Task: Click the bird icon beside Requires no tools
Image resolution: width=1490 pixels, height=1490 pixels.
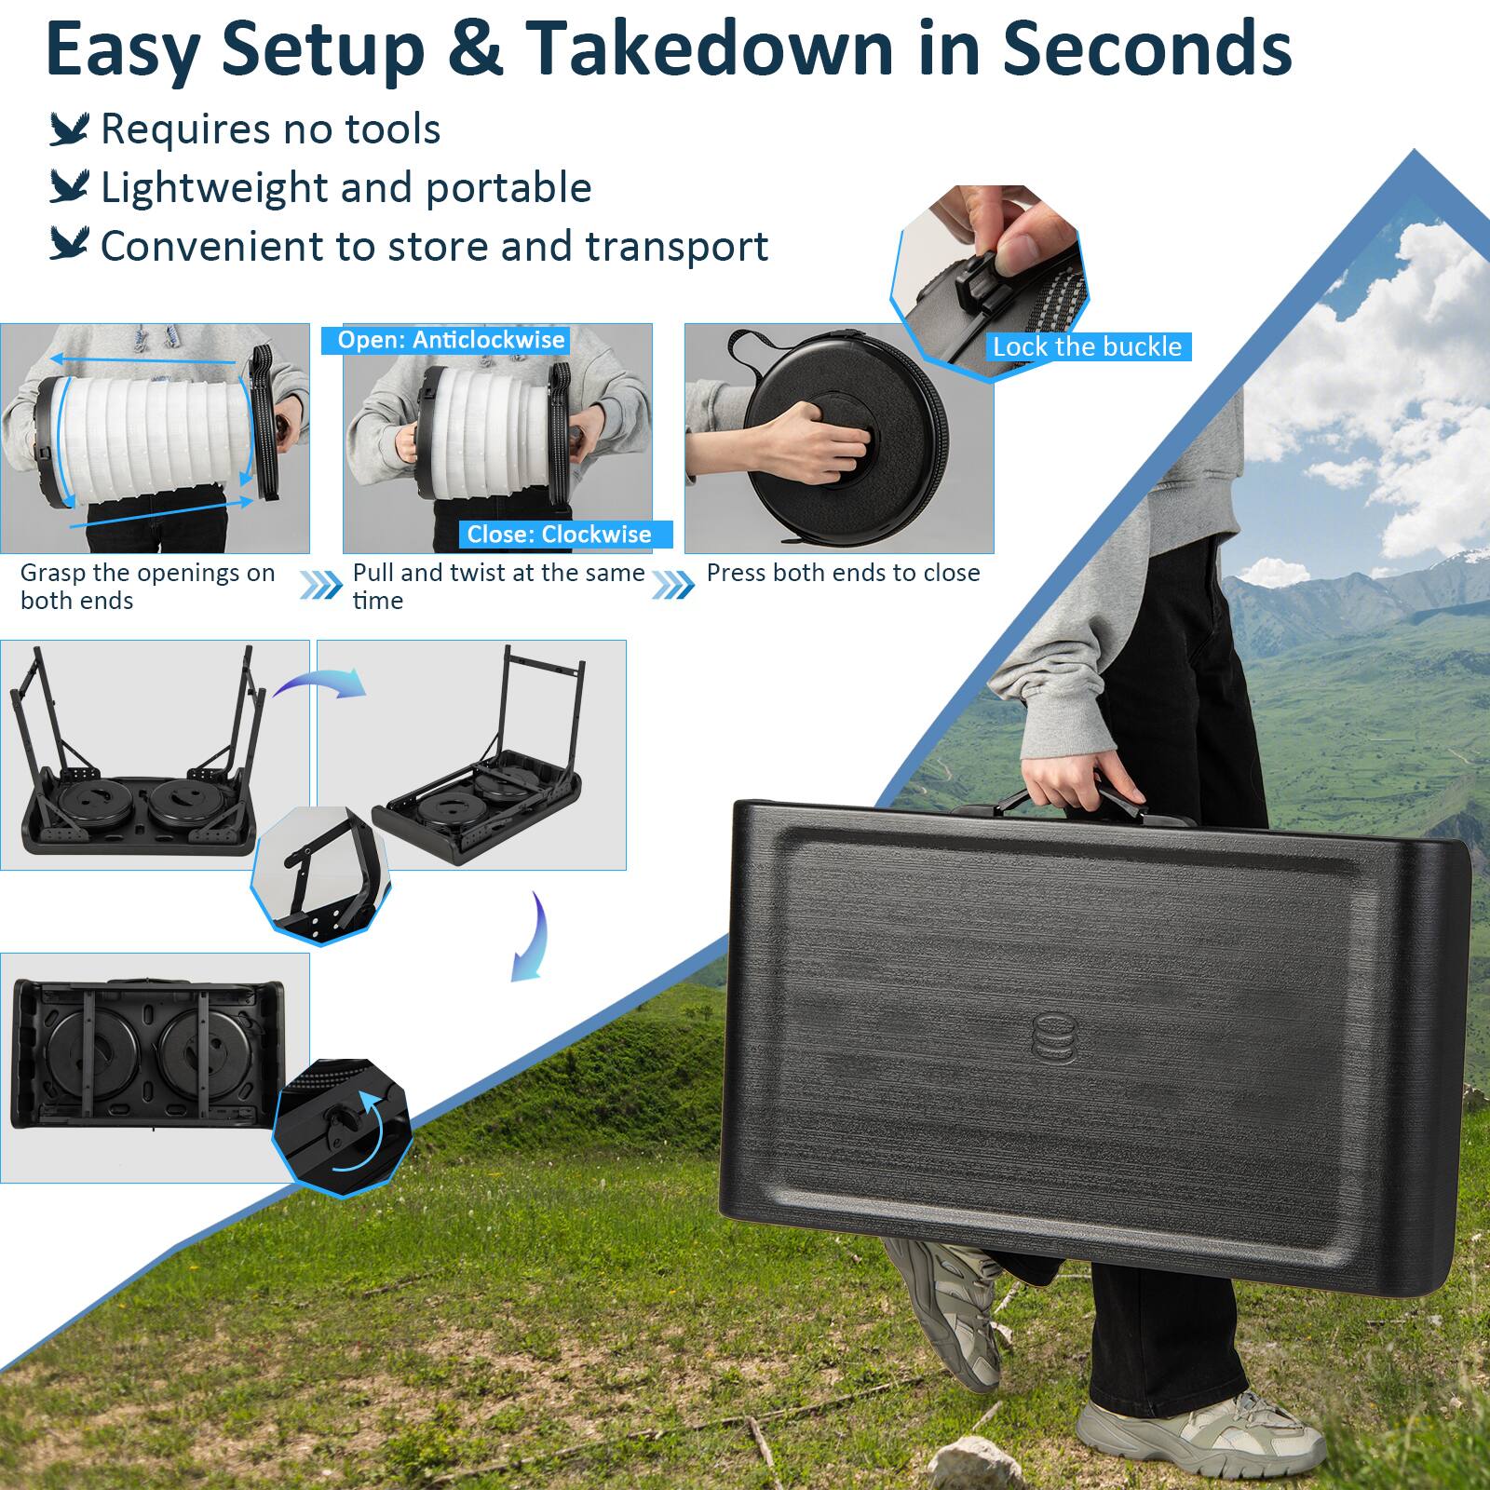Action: pos(69,129)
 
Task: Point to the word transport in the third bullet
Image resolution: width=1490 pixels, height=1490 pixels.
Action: pos(677,247)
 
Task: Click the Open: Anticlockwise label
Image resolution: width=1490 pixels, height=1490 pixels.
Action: pos(451,340)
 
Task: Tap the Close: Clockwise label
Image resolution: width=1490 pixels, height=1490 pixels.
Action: pos(559,535)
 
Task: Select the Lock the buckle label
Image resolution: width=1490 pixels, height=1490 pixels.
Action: pos(1087,347)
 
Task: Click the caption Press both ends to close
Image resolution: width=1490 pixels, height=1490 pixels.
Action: pos(843,573)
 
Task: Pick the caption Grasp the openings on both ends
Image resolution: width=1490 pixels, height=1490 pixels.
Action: pos(147,586)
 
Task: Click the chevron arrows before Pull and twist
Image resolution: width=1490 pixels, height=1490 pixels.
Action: pos(320,586)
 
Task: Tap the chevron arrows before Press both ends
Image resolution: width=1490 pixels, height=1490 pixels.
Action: pos(672,586)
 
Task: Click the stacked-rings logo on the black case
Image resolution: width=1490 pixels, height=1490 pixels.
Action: pos(1053,1036)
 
